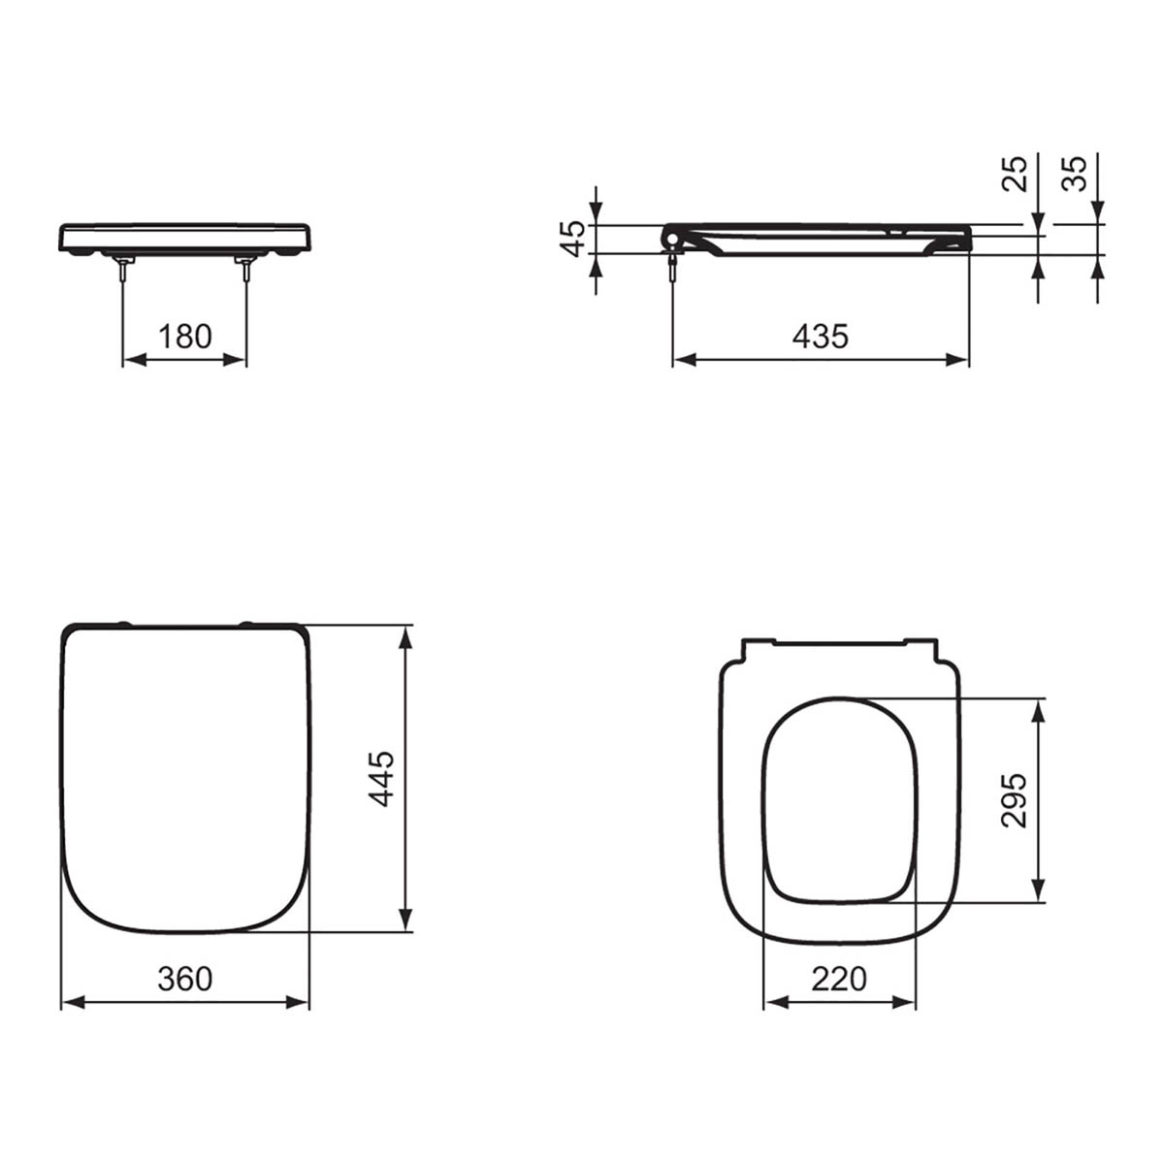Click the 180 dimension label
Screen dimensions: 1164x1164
184,337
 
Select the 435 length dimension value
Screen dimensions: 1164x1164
820,337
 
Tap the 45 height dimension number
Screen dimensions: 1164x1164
574,238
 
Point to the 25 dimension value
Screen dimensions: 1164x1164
1015,174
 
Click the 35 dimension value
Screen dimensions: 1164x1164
1074,174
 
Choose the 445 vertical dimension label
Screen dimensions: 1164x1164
383,778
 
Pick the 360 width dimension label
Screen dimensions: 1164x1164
184,979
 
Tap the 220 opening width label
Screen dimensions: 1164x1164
839,979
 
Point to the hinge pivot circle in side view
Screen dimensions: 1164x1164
671,237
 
